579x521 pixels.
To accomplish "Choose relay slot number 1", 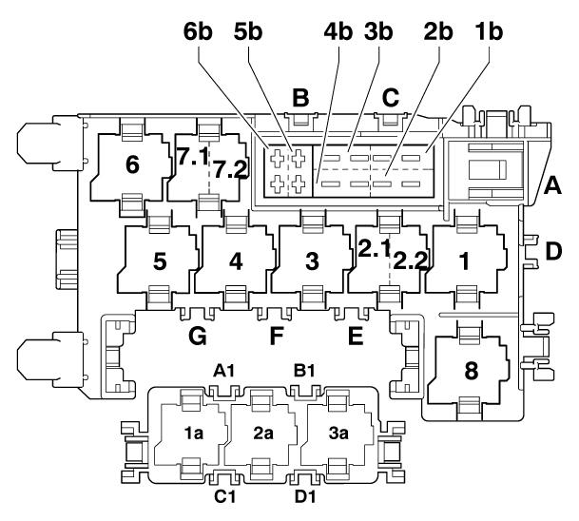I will pyautogui.click(x=464, y=261).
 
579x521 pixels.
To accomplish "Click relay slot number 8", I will pyautogui.click(x=470, y=372).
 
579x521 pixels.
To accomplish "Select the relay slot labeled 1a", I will pyautogui.click(x=194, y=434).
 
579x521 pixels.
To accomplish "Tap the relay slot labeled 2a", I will pyautogui.click(x=263, y=434).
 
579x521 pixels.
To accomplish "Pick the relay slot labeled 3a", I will pyautogui.click(x=338, y=434).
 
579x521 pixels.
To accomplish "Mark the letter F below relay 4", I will pyautogui.click(x=277, y=335).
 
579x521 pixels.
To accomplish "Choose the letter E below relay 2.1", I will pyautogui.click(x=357, y=335).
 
